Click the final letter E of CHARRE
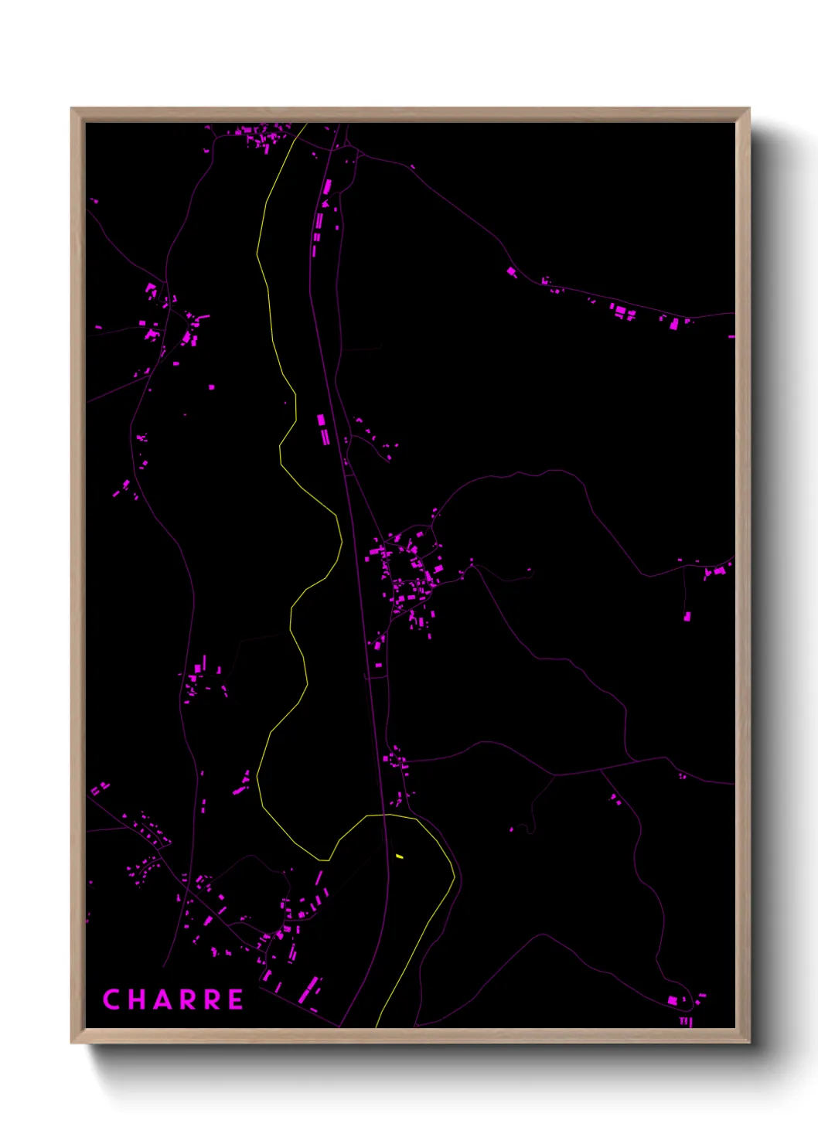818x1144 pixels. [236, 999]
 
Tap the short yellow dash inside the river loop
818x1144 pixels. [399, 856]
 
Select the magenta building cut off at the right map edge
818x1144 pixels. [731, 336]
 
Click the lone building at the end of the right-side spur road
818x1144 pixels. [687, 616]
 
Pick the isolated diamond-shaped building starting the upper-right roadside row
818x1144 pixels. [511, 271]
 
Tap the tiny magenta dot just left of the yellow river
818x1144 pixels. [285, 403]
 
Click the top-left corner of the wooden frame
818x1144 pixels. [72, 109]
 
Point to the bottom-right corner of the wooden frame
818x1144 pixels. [748, 1042]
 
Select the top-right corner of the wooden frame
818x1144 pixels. [748, 109]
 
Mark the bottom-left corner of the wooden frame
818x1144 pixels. [72, 1042]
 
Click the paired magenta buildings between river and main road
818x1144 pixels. [322, 429]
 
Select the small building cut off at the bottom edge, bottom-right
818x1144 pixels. [686, 1022]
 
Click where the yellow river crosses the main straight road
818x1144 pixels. [384, 815]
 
